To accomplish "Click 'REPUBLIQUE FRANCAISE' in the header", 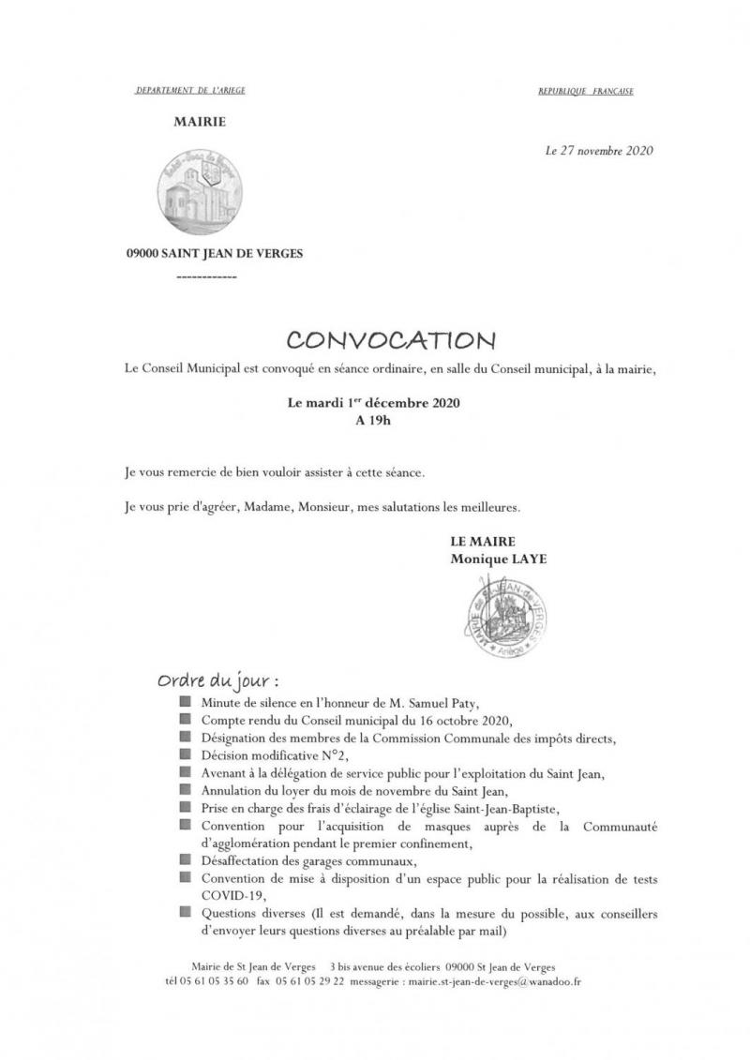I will (585, 92).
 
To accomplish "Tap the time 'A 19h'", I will (373, 421).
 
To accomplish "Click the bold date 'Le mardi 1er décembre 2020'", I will (373, 404).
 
